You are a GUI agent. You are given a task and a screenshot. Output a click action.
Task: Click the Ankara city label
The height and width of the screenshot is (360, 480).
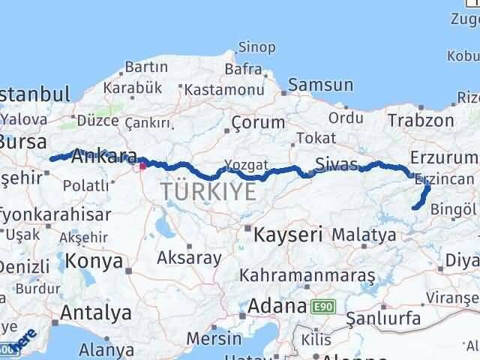click(105, 157)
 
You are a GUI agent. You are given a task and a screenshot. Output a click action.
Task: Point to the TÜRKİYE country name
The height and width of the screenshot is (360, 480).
click(208, 192)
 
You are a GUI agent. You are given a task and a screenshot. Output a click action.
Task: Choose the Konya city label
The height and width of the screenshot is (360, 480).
click(94, 261)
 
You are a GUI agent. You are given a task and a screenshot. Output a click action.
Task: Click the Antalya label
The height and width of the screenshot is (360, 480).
click(97, 312)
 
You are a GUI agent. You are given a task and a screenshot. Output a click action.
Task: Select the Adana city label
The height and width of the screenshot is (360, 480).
click(279, 306)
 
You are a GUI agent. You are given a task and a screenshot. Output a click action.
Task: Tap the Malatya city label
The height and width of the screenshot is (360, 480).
click(364, 235)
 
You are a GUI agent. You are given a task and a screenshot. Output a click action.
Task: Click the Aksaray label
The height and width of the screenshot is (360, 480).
click(189, 258)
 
